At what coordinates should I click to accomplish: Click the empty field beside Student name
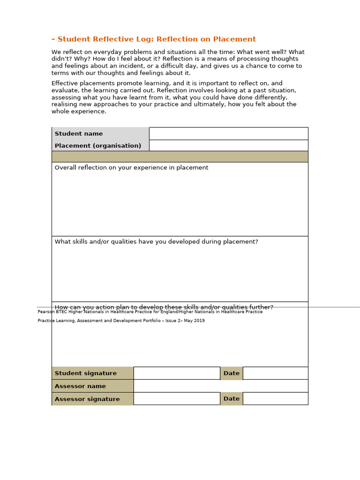228,134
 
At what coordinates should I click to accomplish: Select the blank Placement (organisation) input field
228,145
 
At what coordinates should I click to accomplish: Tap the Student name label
79,134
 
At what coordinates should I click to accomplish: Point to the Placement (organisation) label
98,146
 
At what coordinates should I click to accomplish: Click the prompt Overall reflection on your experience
131,168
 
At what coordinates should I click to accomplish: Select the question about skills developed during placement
156,242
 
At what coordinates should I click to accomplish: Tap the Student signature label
86,373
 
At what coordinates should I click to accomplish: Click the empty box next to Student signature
177,373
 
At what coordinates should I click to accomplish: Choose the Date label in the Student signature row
232,373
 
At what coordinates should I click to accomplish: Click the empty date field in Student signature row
275,373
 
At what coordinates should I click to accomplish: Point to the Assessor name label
80,386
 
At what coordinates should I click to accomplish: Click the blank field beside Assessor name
220,386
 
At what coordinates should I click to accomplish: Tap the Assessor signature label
87,399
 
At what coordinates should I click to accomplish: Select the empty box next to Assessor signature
177,398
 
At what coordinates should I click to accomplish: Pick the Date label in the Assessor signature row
232,398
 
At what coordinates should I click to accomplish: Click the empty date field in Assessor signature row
275,398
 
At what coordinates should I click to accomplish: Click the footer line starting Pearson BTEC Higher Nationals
150,312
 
